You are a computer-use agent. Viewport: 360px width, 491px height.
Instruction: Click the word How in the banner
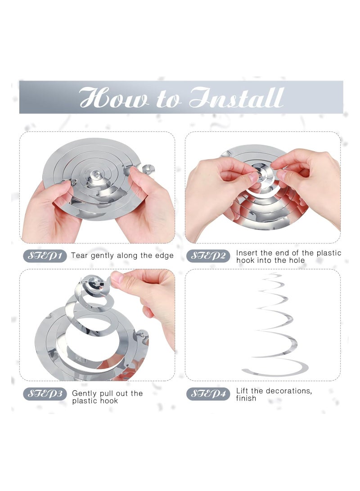(x=114, y=98)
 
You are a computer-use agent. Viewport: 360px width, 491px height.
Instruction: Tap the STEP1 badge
(x=45, y=256)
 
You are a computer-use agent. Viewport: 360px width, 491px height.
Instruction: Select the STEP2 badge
(x=208, y=256)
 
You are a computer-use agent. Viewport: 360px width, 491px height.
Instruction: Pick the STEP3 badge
(x=45, y=394)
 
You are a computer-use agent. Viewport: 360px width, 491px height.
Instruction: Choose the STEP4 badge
(x=208, y=394)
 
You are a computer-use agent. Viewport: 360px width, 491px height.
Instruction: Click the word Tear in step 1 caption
(x=80, y=256)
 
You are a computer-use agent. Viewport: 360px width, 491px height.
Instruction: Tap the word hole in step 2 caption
(x=297, y=260)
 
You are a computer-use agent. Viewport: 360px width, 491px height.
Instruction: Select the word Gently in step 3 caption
(x=84, y=394)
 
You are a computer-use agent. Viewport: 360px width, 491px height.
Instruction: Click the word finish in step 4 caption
(x=246, y=398)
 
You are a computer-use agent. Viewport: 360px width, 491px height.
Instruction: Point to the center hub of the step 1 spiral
(x=96, y=173)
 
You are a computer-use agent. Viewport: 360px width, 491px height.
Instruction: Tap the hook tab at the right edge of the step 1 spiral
(x=148, y=169)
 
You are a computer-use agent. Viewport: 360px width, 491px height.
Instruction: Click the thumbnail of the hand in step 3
(x=117, y=277)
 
